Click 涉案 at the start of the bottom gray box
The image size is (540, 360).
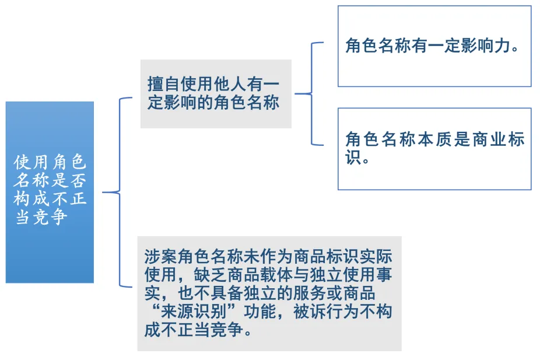[x=161, y=256]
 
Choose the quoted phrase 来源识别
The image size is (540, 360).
[x=194, y=312]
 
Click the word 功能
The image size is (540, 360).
[x=260, y=312]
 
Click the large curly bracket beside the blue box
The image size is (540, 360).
[x=120, y=192]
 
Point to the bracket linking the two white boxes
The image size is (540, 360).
[x=312, y=94]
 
